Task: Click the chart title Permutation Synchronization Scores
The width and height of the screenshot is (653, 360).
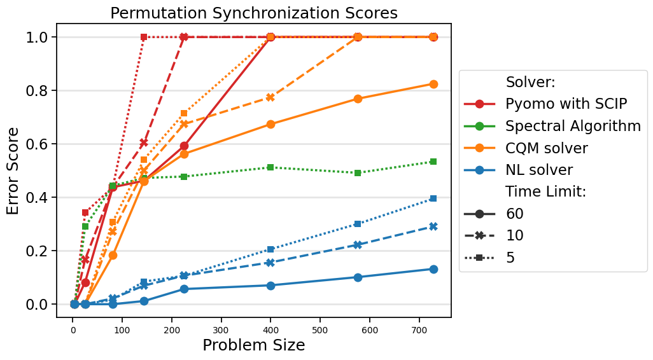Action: click(x=253, y=13)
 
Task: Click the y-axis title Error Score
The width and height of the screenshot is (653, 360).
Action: click(x=13, y=170)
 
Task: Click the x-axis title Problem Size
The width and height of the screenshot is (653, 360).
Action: click(x=253, y=345)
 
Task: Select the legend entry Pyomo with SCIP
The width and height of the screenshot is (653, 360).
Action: click(x=566, y=104)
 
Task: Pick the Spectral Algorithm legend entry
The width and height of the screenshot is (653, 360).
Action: click(x=573, y=126)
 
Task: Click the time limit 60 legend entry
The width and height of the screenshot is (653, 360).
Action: click(x=514, y=214)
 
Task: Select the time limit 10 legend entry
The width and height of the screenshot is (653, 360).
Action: click(x=514, y=235)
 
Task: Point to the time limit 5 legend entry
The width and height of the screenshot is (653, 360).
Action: click(x=510, y=258)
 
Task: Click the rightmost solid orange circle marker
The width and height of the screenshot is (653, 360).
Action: click(x=433, y=84)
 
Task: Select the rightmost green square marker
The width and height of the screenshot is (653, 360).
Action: click(x=433, y=162)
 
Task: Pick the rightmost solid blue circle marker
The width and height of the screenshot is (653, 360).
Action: click(x=433, y=269)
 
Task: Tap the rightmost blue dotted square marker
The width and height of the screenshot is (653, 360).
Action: click(x=433, y=198)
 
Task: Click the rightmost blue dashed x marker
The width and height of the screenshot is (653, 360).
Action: click(x=433, y=226)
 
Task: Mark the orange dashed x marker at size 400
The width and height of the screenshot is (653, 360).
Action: click(x=270, y=97)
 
